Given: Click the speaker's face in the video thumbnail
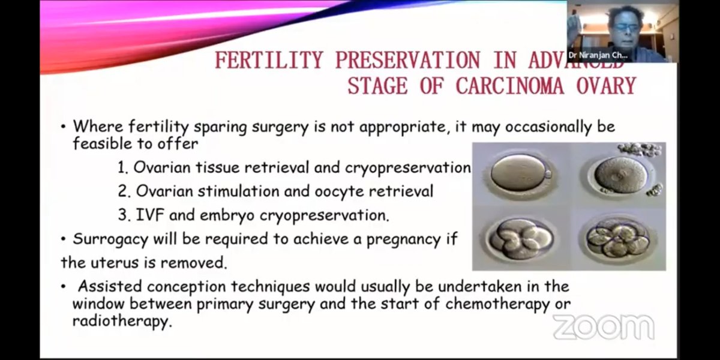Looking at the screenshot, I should tap(624, 24).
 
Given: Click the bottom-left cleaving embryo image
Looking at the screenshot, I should tap(520, 238).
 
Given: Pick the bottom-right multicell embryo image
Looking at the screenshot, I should tap(619, 238).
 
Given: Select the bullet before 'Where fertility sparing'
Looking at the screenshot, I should tap(64, 128).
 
